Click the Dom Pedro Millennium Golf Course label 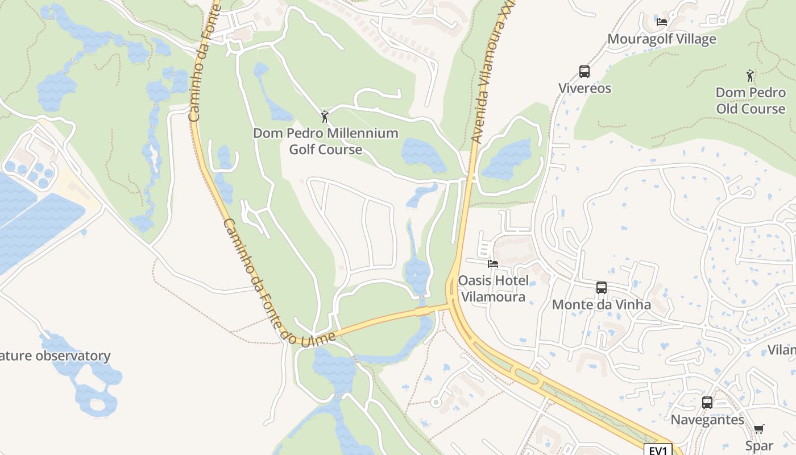tap(325, 142)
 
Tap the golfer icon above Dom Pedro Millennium tap(325, 117)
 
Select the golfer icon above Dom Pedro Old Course tap(751, 75)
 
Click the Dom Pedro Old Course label tap(751, 101)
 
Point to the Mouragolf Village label tap(662, 39)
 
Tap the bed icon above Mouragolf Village tap(662, 22)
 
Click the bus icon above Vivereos tap(584, 72)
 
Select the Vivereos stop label tap(584, 88)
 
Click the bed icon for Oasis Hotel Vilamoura tap(493, 264)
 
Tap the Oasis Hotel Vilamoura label tap(493, 288)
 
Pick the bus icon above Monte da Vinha tap(602, 288)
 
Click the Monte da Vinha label tap(602, 304)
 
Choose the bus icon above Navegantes tap(707, 403)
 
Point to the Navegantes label tap(707, 420)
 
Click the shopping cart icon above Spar tap(759, 429)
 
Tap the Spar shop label tap(759, 446)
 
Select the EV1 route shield tap(658, 450)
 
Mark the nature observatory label tap(55, 356)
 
